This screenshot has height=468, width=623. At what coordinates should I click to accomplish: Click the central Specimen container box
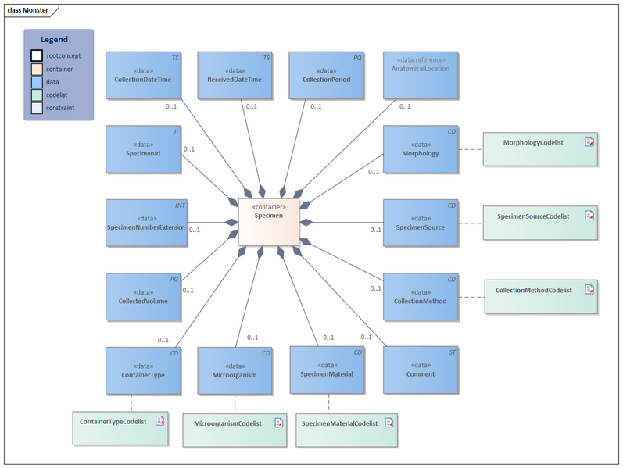click(x=268, y=222)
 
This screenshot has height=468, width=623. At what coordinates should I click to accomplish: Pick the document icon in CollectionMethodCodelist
click(x=589, y=289)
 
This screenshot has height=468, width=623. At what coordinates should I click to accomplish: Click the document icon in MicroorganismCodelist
click(x=278, y=423)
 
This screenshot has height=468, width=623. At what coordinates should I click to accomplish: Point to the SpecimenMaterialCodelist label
click(x=339, y=423)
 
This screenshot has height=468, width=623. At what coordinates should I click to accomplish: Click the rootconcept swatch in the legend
click(x=37, y=55)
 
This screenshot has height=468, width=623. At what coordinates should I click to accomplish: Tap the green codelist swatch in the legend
click(x=37, y=95)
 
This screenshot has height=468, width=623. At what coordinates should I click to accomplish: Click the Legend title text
click(x=55, y=40)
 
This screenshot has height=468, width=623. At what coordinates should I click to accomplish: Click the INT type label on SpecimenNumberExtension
click(x=180, y=205)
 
